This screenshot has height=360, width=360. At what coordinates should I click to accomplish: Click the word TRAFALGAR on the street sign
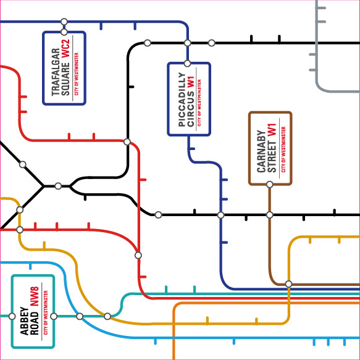(56, 72)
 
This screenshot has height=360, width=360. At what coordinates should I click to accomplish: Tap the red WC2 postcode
(65, 49)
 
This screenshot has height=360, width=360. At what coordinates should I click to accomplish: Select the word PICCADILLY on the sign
(182, 99)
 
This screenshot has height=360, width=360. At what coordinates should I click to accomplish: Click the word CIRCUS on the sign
(191, 109)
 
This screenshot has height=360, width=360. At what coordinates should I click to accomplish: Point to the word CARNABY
(261, 151)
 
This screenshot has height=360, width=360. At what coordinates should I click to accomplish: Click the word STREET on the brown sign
(272, 157)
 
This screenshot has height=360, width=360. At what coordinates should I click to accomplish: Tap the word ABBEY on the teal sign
(24, 320)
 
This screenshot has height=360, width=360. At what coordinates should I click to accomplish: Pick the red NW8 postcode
(35, 296)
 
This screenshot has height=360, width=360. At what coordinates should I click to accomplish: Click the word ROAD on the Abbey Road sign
(35, 324)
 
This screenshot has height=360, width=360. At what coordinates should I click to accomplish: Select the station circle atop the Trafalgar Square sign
(64, 32)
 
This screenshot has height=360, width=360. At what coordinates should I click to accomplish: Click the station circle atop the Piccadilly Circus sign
(187, 64)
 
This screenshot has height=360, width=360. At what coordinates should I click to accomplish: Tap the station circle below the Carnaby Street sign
(270, 185)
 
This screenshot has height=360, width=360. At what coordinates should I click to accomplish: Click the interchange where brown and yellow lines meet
(288, 284)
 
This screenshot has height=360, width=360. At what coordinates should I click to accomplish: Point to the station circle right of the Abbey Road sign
(54, 316)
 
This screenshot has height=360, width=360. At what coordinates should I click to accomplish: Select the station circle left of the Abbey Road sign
(12, 316)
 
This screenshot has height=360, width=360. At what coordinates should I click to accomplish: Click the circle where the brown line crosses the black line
(270, 215)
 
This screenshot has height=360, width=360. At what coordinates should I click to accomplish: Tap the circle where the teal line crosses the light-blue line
(80, 316)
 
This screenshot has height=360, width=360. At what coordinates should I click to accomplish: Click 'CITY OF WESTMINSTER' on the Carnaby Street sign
(283, 149)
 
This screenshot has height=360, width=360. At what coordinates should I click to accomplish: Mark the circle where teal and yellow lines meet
(107, 316)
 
